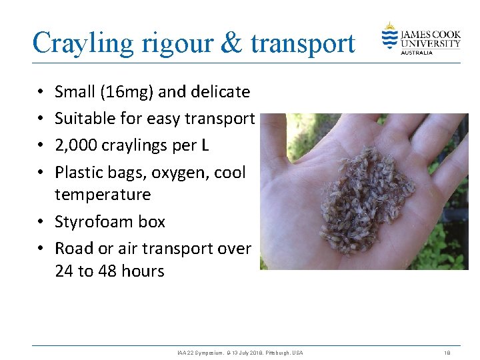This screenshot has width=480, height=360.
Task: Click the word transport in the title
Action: click(x=303, y=43)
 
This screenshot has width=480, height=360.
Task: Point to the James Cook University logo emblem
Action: click(x=389, y=36)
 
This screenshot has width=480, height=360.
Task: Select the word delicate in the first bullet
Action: click(x=217, y=92)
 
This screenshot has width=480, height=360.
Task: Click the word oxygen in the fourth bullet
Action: click(x=181, y=172)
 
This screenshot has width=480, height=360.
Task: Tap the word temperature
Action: click(x=103, y=195)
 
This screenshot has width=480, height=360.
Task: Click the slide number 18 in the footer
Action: click(x=447, y=353)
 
